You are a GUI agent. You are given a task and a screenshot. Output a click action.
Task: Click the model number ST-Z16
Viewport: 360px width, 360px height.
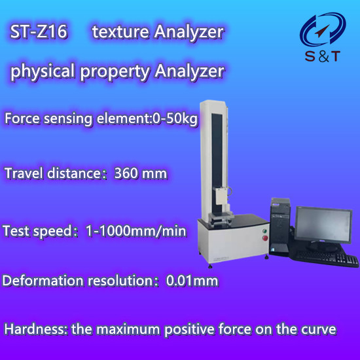(x=39, y=31)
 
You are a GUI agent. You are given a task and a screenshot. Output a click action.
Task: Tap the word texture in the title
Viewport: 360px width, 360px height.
(x=120, y=31)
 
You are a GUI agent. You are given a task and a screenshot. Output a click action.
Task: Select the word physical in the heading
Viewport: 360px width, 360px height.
(x=43, y=71)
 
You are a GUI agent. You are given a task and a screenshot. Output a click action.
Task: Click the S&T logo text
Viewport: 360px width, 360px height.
(x=323, y=56)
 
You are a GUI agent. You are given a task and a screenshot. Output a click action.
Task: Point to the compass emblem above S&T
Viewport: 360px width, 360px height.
(x=323, y=29)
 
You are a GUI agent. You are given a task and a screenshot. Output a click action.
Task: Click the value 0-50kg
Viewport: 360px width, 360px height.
(x=175, y=119)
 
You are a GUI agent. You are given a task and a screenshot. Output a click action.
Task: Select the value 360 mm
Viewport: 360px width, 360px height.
(x=141, y=173)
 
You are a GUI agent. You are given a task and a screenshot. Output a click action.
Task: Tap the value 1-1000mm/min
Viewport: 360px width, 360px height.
(x=136, y=231)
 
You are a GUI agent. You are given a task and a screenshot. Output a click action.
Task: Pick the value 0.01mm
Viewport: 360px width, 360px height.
(x=192, y=281)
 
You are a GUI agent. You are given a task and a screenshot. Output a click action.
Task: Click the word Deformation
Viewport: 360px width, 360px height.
(x=43, y=281)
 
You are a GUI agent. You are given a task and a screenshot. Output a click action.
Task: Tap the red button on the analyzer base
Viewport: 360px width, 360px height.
(x=265, y=238)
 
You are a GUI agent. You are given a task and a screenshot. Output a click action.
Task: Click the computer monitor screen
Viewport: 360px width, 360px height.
(x=323, y=225)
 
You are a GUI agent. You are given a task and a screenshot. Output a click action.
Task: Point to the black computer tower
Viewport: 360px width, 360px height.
(x=280, y=227)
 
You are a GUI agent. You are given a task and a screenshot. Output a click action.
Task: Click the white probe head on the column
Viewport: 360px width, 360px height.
(x=221, y=197)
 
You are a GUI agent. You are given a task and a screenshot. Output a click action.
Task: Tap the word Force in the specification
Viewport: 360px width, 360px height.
(x=22, y=118)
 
